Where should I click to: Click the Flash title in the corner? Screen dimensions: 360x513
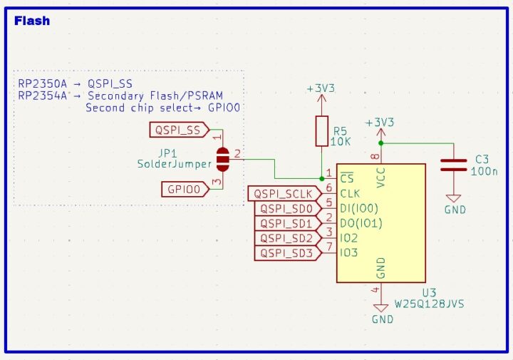point(32,21)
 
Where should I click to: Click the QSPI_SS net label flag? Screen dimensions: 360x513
point(178,130)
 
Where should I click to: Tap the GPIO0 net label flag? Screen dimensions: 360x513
point(184,189)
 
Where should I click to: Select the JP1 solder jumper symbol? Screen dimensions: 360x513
point(222,159)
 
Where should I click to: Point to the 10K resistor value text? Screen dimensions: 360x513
point(341,141)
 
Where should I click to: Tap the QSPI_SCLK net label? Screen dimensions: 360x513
point(284,193)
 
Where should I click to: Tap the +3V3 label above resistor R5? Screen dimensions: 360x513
point(321,88)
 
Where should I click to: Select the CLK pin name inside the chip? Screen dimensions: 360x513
point(350,193)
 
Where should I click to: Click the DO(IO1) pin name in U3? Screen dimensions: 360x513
point(361,223)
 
